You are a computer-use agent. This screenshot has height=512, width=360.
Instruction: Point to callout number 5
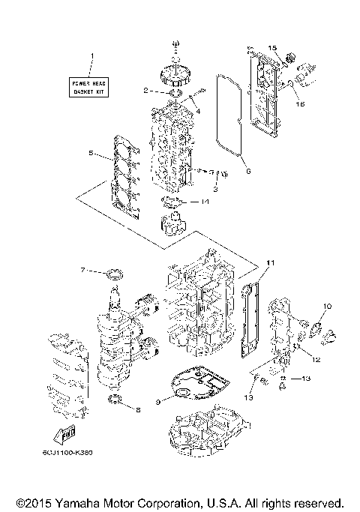click(89, 153)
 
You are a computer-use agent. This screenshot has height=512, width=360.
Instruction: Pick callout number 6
click(247, 170)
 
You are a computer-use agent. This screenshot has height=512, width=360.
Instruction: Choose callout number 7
click(84, 270)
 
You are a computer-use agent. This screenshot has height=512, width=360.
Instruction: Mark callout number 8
click(137, 409)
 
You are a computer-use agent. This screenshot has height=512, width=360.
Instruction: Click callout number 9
click(158, 402)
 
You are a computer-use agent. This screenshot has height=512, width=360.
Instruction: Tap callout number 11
click(271, 262)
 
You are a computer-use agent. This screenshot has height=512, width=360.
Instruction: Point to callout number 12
click(316, 360)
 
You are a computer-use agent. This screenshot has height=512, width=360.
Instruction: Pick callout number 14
click(204, 202)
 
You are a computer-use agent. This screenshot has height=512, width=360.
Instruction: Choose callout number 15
click(272, 48)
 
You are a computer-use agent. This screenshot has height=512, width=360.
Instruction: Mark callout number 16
click(302, 105)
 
